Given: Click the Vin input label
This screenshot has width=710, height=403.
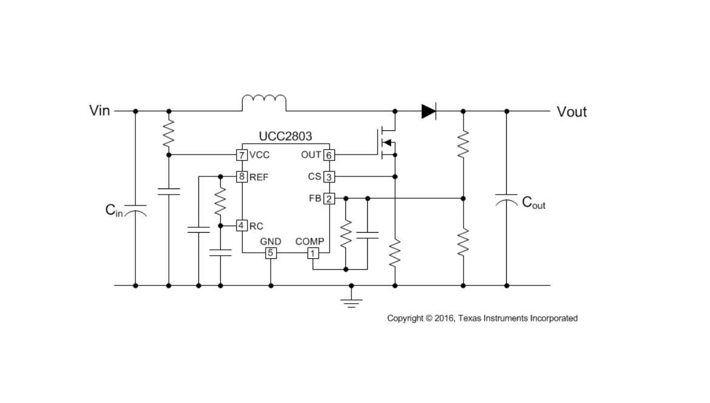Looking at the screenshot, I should click(x=100, y=111).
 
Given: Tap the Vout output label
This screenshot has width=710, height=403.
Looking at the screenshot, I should click(x=572, y=112).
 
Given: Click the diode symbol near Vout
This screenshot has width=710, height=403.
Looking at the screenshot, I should click(x=428, y=111).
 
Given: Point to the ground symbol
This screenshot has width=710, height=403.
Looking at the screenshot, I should click(x=351, y=301).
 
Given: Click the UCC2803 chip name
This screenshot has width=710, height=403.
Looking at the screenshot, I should click(x=285, y=137).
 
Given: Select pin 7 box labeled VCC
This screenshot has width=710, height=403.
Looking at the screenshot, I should click(x=242, y=155).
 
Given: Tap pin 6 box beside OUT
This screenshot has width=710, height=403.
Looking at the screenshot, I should click(x=329, y=155).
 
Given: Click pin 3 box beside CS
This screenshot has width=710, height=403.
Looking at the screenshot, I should click(x=329, y=177).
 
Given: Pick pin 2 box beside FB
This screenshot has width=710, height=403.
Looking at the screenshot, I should click(x=329, y=198).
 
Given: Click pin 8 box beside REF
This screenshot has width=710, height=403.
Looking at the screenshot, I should click(x=242, y=177).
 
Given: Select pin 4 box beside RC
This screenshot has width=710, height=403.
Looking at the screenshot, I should click(x=242, y=226).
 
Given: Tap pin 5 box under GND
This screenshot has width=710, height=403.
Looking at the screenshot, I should click(x=271, y=253).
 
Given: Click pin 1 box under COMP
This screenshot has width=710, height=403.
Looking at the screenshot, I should click(x=313, y=253).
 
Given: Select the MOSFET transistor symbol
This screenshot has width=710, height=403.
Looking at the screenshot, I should click(x=386, y=143).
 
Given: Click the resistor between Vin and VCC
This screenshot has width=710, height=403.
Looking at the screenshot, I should click(x=169, y=133).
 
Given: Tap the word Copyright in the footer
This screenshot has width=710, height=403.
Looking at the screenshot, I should click(x=405, y=318).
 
